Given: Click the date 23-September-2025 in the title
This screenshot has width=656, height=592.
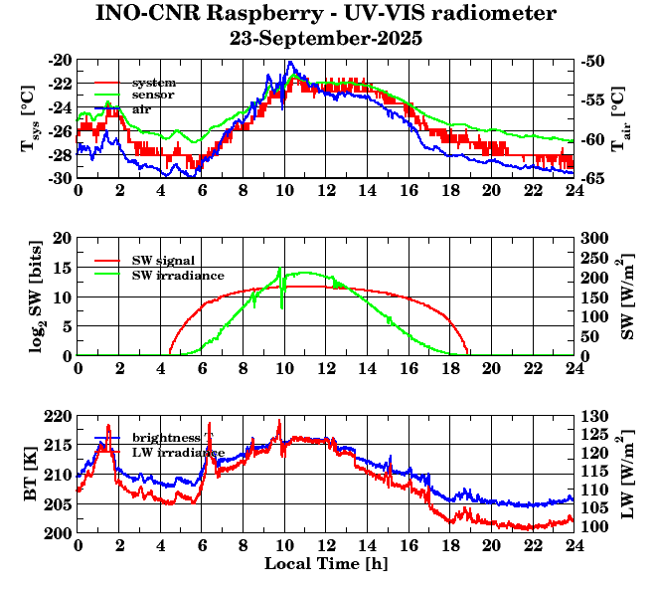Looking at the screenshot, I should coord(326,39).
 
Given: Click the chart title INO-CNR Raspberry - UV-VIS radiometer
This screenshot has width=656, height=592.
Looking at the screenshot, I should coord(326,14).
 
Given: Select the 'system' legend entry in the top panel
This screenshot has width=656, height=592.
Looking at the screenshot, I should coord(154,82).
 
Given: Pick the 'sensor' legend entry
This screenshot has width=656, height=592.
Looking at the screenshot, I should coord(153,95).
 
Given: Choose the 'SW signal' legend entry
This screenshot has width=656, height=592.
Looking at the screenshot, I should coord(164,260).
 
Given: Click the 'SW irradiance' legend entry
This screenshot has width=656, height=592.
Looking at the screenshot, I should coord(178,274).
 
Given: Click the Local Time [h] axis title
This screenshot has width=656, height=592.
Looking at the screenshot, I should coord(326,564).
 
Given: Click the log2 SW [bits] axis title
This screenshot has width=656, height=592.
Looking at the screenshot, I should coord(30,296).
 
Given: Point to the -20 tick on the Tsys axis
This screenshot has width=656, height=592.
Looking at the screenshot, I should coord(60,60).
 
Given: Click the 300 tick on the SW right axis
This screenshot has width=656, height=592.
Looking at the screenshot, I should coord(595,238).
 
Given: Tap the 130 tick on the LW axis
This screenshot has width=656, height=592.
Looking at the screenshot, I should coord(595,416).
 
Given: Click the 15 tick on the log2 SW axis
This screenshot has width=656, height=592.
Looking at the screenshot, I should coord(63,268).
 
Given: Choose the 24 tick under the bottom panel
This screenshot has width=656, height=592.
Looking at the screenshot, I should coord(574,546).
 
